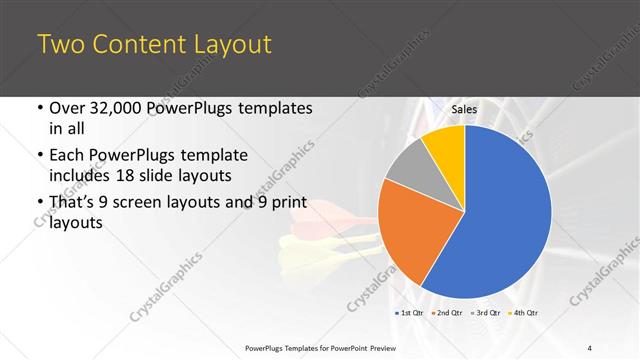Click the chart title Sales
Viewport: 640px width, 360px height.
coord(464,109)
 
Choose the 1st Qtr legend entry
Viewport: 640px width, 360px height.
coord(410,313)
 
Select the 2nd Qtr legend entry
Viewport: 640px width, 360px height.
coord(448,313)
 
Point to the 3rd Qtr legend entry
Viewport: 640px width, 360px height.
coord(487,313)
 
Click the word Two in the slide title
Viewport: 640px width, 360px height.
coord(60,44)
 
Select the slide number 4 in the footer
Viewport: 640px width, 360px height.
coord(590,347)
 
